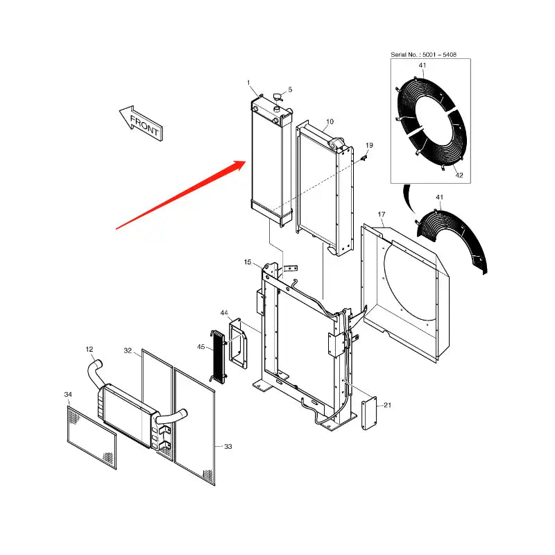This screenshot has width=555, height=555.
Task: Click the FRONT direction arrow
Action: pyautogui.click(x=140, y=123)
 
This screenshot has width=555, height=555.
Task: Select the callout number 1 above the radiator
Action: pyautogui.click(x=248, y=83)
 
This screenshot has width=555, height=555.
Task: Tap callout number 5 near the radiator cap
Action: pyautogui.click(x=290, y=89)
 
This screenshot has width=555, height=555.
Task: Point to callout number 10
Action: pyautogui.click(x=330, y=121)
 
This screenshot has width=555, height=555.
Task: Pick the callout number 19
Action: pyautogui.click(x=369, y=145)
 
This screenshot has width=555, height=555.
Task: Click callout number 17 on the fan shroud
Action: pyautogui.click(x=381, y=214)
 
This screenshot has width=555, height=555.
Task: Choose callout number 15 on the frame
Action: pyautogui.click(x=248, y=262)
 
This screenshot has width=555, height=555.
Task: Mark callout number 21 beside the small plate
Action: pyautogui.click(x=387, y=405)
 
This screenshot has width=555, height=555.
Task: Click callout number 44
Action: pyautogui.click(x=224, y=314)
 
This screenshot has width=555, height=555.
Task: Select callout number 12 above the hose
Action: pyautogui.click(x=89, y=349)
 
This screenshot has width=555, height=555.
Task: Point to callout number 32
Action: pyautogui.click(x=128, y=351)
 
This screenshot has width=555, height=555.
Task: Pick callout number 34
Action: pyautogui.click(x=68, y=395)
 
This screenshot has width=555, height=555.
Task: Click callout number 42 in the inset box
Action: pyautogui.click(x=459, y=176)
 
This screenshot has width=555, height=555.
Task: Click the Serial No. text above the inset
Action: pyautogui.click(x=423, y=53)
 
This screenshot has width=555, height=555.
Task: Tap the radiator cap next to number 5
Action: pyautogui.click(x=277, y=97)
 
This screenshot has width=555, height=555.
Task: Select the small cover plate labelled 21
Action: pyautogui.click(x=369, y=414)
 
